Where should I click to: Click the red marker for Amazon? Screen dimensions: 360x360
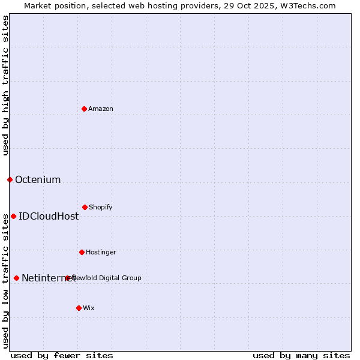click(x=85, y=109)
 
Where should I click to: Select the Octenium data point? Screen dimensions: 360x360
click(x=10, y=179)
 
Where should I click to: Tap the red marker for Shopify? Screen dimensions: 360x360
click(x=85, y=207)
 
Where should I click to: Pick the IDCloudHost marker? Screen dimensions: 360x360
click(x=13, y=216)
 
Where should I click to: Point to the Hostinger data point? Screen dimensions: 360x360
click(x=82, y=252)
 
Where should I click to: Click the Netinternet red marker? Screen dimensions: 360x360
click(x=16, y=278)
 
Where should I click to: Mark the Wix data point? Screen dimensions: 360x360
click(x=79, y=308)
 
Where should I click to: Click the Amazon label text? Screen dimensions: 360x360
click(x=101, y=109)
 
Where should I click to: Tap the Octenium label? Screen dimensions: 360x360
click(x=38, y=179)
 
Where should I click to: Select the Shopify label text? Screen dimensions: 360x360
click(x=101, y=207)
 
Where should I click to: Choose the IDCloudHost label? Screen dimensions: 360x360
click(x=49, y=216)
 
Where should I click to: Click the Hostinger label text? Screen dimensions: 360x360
click(x=101, y=252)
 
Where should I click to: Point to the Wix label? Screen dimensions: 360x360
click(x=89, y=308)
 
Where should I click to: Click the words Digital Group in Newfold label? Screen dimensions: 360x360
click(x=121, y=278)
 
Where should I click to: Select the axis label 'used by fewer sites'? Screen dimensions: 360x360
click(x=62, y=355)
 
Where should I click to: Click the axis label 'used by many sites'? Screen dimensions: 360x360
click(x=301, y=355)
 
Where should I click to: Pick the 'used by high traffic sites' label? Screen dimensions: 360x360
click(x=5, y=85)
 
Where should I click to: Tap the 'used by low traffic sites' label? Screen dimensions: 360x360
click(x=5, y=280)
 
